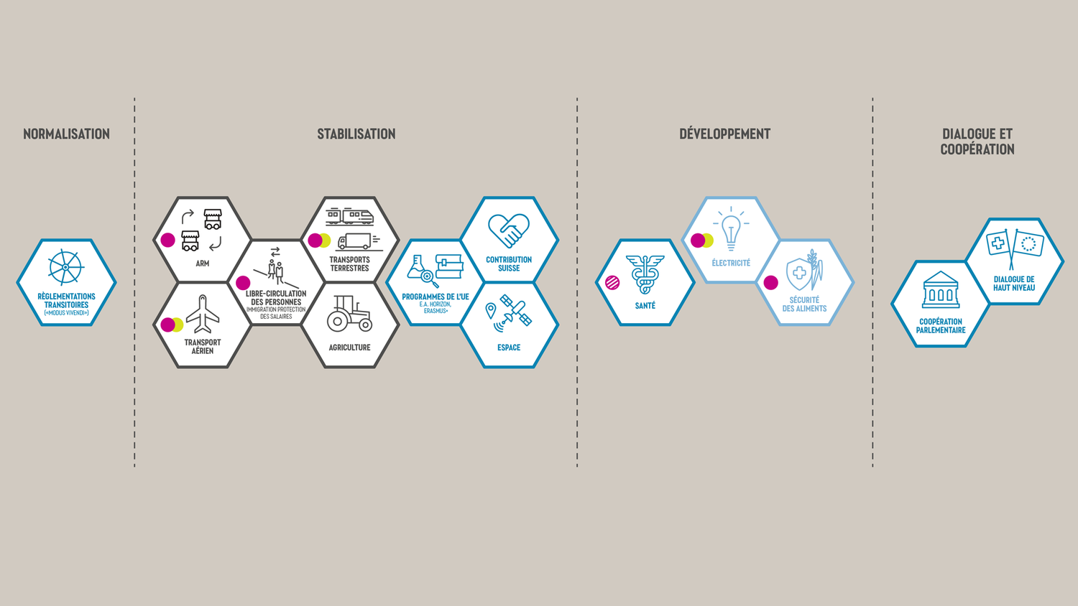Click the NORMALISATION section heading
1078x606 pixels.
point(66,134)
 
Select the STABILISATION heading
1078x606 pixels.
point(356,134)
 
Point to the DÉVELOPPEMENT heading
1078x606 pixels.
point(724,134)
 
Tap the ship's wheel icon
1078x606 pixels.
point(65,267)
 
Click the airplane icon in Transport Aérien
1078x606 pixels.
point(203,314)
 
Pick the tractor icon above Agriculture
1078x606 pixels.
point(349,314)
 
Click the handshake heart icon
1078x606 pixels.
point(509,230)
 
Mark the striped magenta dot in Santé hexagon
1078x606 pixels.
point(612,283)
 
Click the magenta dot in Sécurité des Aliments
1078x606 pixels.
point(771,283)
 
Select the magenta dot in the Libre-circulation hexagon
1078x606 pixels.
point(243,283)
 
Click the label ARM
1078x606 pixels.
point(203,264)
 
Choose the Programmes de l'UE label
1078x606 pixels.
point(435,297)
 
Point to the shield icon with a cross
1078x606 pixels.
point(798,273)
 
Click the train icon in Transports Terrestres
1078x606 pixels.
point(350,215)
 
